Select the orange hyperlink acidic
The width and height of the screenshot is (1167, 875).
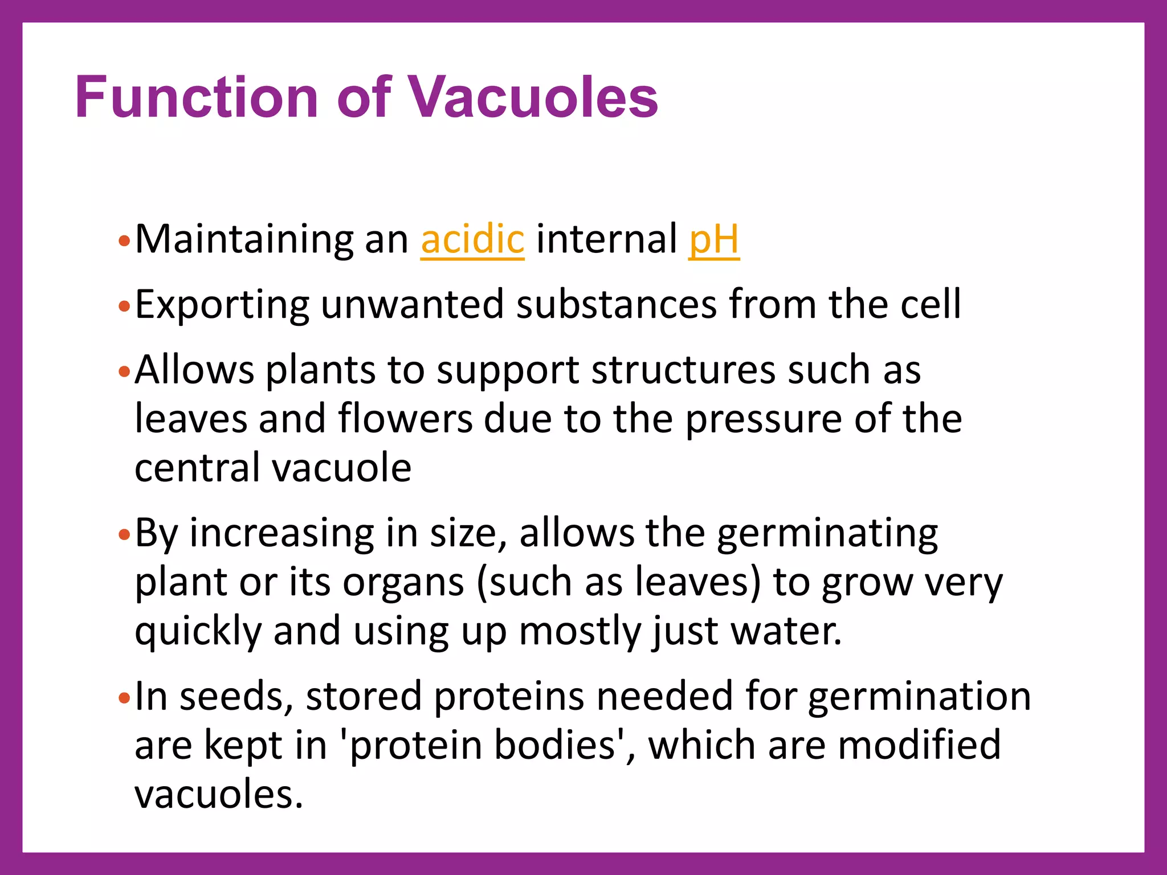(472, 239)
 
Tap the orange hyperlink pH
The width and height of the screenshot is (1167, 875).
(713, 239)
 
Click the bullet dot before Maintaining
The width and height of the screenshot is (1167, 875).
(124, 242)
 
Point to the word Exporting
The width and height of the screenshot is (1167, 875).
(222, 305)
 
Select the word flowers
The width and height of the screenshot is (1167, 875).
(405, 419)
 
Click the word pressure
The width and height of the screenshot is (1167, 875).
(763, 420)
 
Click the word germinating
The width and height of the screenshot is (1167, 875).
(827, 534)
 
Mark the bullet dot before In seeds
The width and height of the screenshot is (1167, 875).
(124, 698)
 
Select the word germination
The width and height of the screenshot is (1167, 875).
(919, 697)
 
